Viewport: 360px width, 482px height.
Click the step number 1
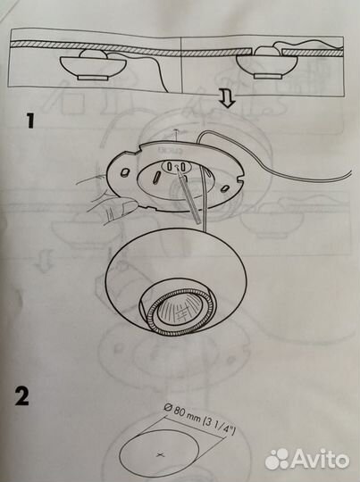(x=30, y=120)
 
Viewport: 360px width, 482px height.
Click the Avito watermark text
(x=320, y=458)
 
